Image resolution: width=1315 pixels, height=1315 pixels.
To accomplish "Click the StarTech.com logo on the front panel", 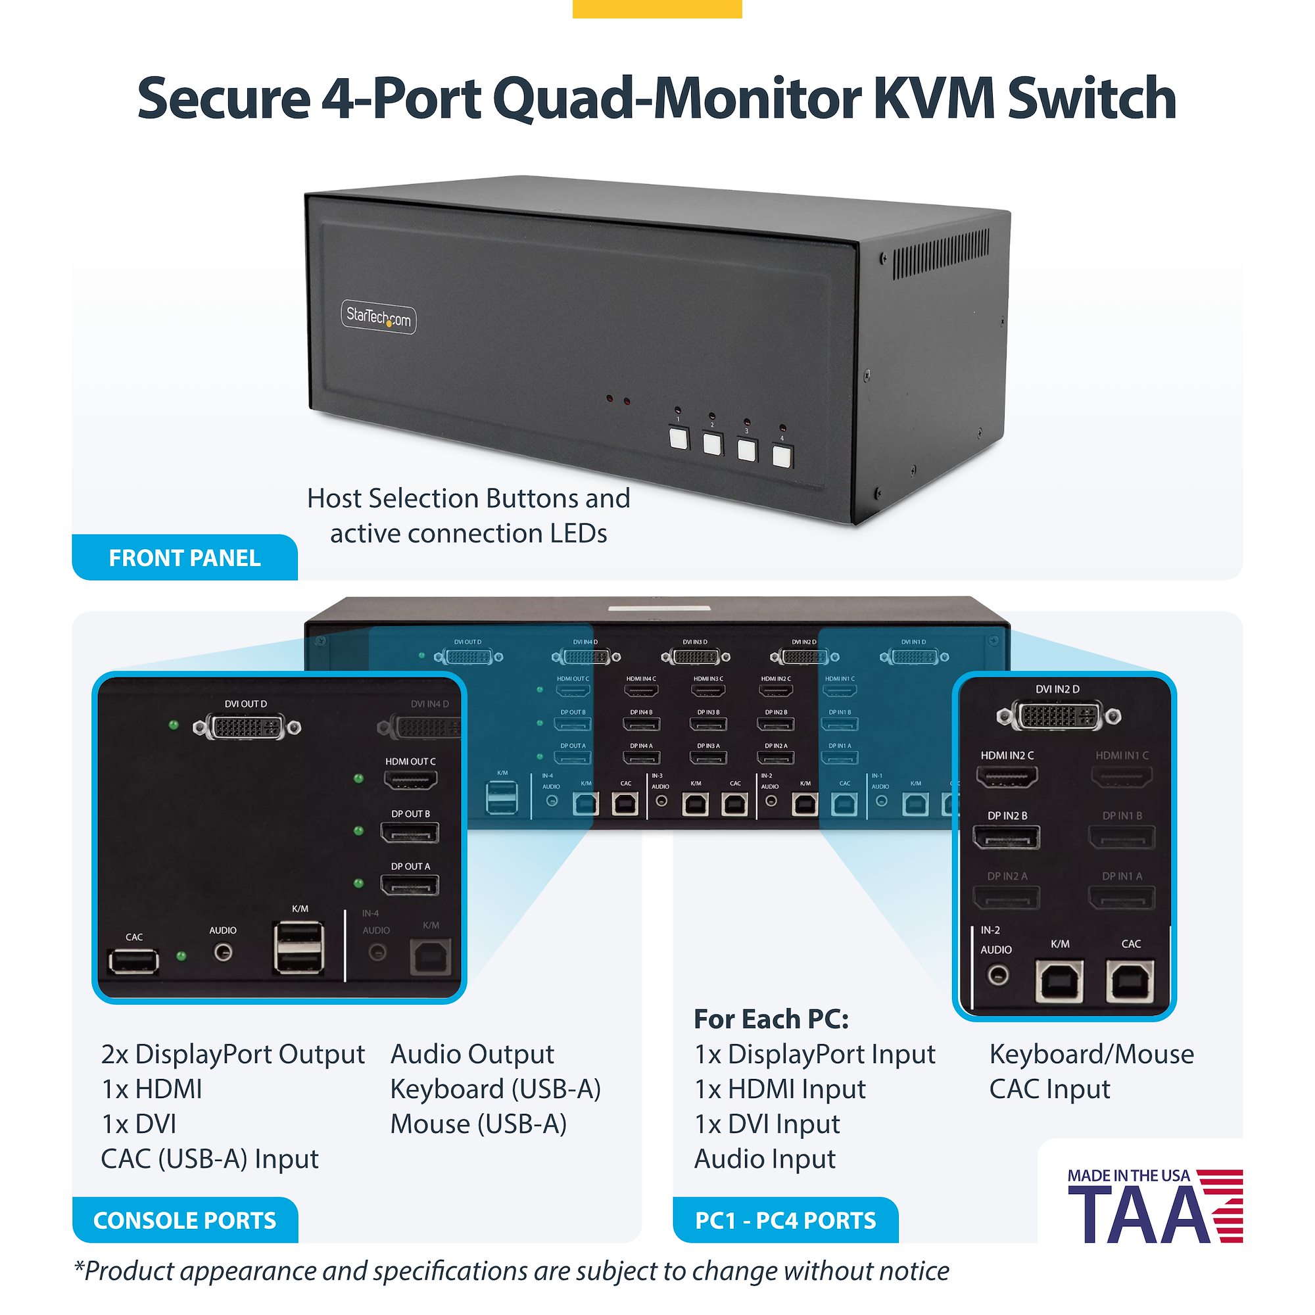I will pyautogui.click(x=379, y=317).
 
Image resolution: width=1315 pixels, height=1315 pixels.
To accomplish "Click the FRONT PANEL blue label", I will pyautogui.click(x=185, y=558).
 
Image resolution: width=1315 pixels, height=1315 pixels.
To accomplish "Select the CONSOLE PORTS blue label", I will pyautogui.click(x=185, y=1220).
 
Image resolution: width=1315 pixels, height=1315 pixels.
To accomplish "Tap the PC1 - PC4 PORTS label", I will pyautogui.click(x=786, y=1220).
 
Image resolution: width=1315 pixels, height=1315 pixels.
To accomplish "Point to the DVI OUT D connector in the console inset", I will pyautogui.click(x=247, y=727).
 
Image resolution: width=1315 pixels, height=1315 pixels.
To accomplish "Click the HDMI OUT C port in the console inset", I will pyautogui.click(x=410, y=779).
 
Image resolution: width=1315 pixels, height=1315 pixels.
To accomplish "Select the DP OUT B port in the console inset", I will pyautogui.click(x=410, y=832).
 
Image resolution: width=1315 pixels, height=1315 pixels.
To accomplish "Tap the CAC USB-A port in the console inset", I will pyautogui.click(x=133, y=961).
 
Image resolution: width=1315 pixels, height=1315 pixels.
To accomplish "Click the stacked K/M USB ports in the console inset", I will pyautogui.click(x=299, y=947).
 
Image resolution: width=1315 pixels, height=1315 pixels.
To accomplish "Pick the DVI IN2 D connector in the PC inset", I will pyautogui.click(x=1059, y=715).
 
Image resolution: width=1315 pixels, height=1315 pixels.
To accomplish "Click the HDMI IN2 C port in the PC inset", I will pyautogui.click(x=1007, y=776).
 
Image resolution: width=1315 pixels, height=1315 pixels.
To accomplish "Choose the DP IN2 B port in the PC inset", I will pyautogui.click(x=1007, y=836).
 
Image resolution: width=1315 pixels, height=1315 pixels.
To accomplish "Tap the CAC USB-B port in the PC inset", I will pyautogui.click(x=1130, y=981).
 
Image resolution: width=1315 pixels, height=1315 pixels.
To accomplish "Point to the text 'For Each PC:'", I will pyautogui.click(x=771, y=1019).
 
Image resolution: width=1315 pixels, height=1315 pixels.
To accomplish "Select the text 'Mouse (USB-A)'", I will pyautogui.click(x=479, y=1124).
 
